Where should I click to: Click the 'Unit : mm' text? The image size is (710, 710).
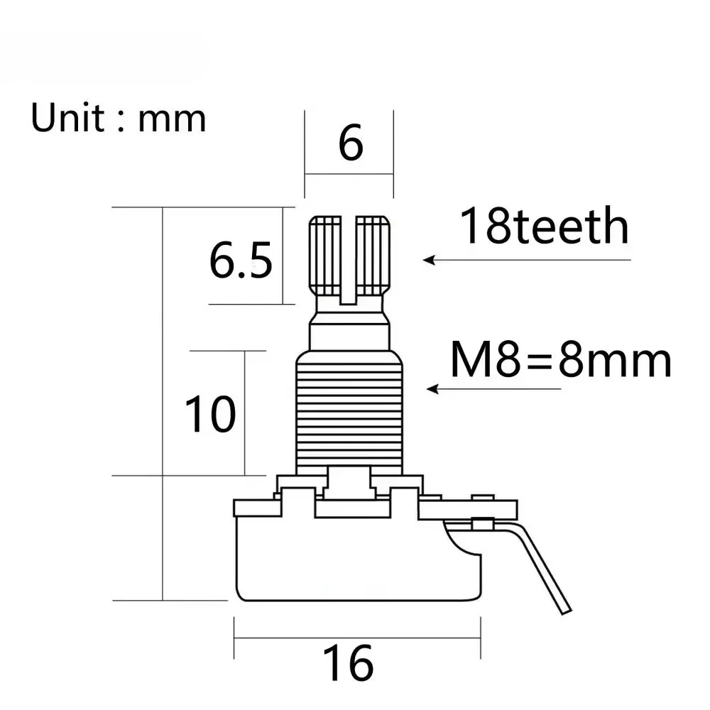[x=118, y=118]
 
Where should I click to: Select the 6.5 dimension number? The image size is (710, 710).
[x=241, y=260]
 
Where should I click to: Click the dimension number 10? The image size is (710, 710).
[x=210, y=414]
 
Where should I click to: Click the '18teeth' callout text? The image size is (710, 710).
[x=545, y=225]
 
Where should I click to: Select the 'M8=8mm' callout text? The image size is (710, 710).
[x=561, y=360]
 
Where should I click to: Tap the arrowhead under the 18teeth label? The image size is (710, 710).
[x=429, y=261]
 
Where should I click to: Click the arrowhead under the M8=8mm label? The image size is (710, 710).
[x=432, y=389]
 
